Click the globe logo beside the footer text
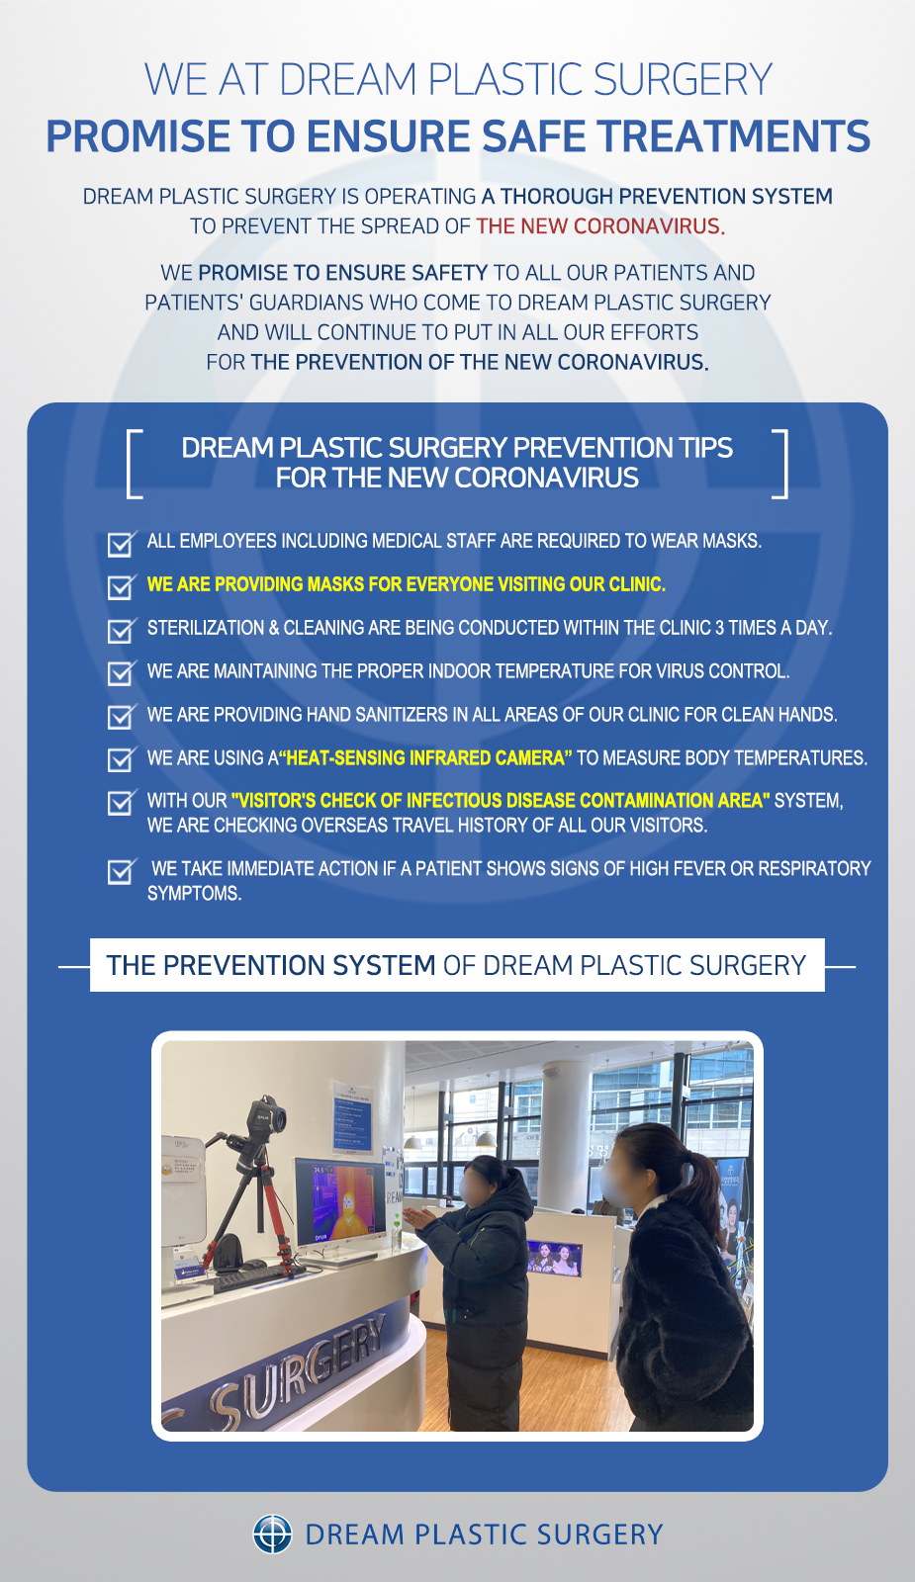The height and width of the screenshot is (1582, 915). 272,1534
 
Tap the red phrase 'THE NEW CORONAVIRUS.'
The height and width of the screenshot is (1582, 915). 600,226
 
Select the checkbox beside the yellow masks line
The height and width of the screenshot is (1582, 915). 121,586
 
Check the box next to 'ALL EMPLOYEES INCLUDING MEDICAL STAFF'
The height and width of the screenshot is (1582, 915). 121,543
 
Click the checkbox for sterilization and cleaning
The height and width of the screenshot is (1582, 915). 121,630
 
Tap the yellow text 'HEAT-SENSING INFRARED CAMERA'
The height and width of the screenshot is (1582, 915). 425,757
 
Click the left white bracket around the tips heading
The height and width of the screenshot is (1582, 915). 135,464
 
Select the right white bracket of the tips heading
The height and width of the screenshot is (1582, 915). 780,464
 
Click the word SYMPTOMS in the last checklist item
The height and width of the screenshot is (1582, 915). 194,894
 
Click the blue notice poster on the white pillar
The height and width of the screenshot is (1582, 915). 352,1116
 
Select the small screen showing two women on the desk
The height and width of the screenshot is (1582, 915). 554,1258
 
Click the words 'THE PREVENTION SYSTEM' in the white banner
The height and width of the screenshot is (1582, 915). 271,965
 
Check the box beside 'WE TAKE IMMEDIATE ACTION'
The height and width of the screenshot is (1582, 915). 121,871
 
